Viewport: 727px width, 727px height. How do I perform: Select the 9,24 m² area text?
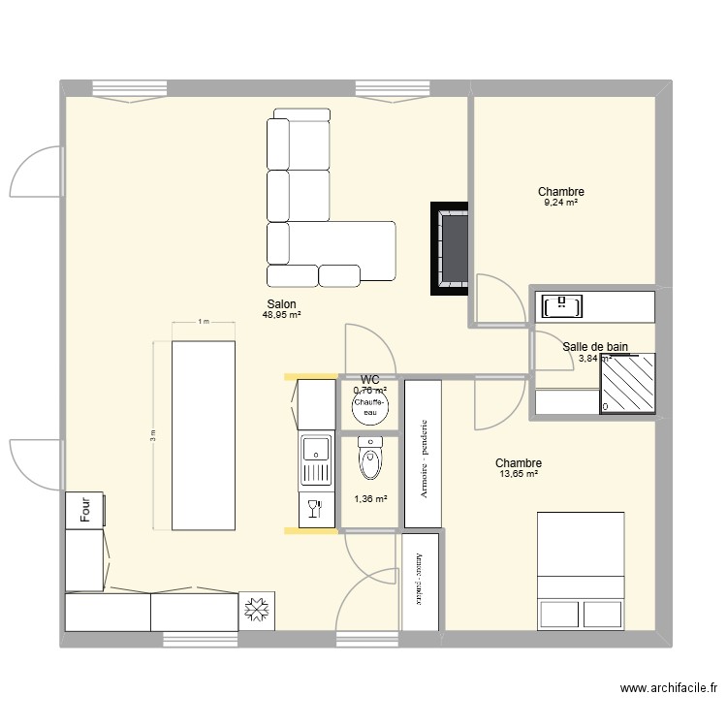[561, 203]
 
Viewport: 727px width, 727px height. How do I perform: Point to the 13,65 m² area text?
[518, 474]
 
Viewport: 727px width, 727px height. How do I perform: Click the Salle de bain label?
[595, 346]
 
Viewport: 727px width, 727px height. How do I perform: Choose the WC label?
[369, 380]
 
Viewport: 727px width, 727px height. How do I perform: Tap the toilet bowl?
[369, 460]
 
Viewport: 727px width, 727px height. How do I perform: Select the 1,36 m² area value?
[369, 499]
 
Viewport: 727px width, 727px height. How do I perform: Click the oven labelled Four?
[86, 510]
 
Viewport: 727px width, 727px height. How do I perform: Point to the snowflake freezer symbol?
[258, 611]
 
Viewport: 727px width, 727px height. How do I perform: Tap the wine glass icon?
[315, 510]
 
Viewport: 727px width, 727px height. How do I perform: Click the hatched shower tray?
[627, 383]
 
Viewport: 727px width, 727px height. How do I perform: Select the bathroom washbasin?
[563, 306]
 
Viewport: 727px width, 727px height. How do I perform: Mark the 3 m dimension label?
[152, 436]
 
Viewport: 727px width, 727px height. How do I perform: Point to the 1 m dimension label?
[203, 322]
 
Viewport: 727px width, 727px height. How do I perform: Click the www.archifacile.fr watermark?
[669, 689]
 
